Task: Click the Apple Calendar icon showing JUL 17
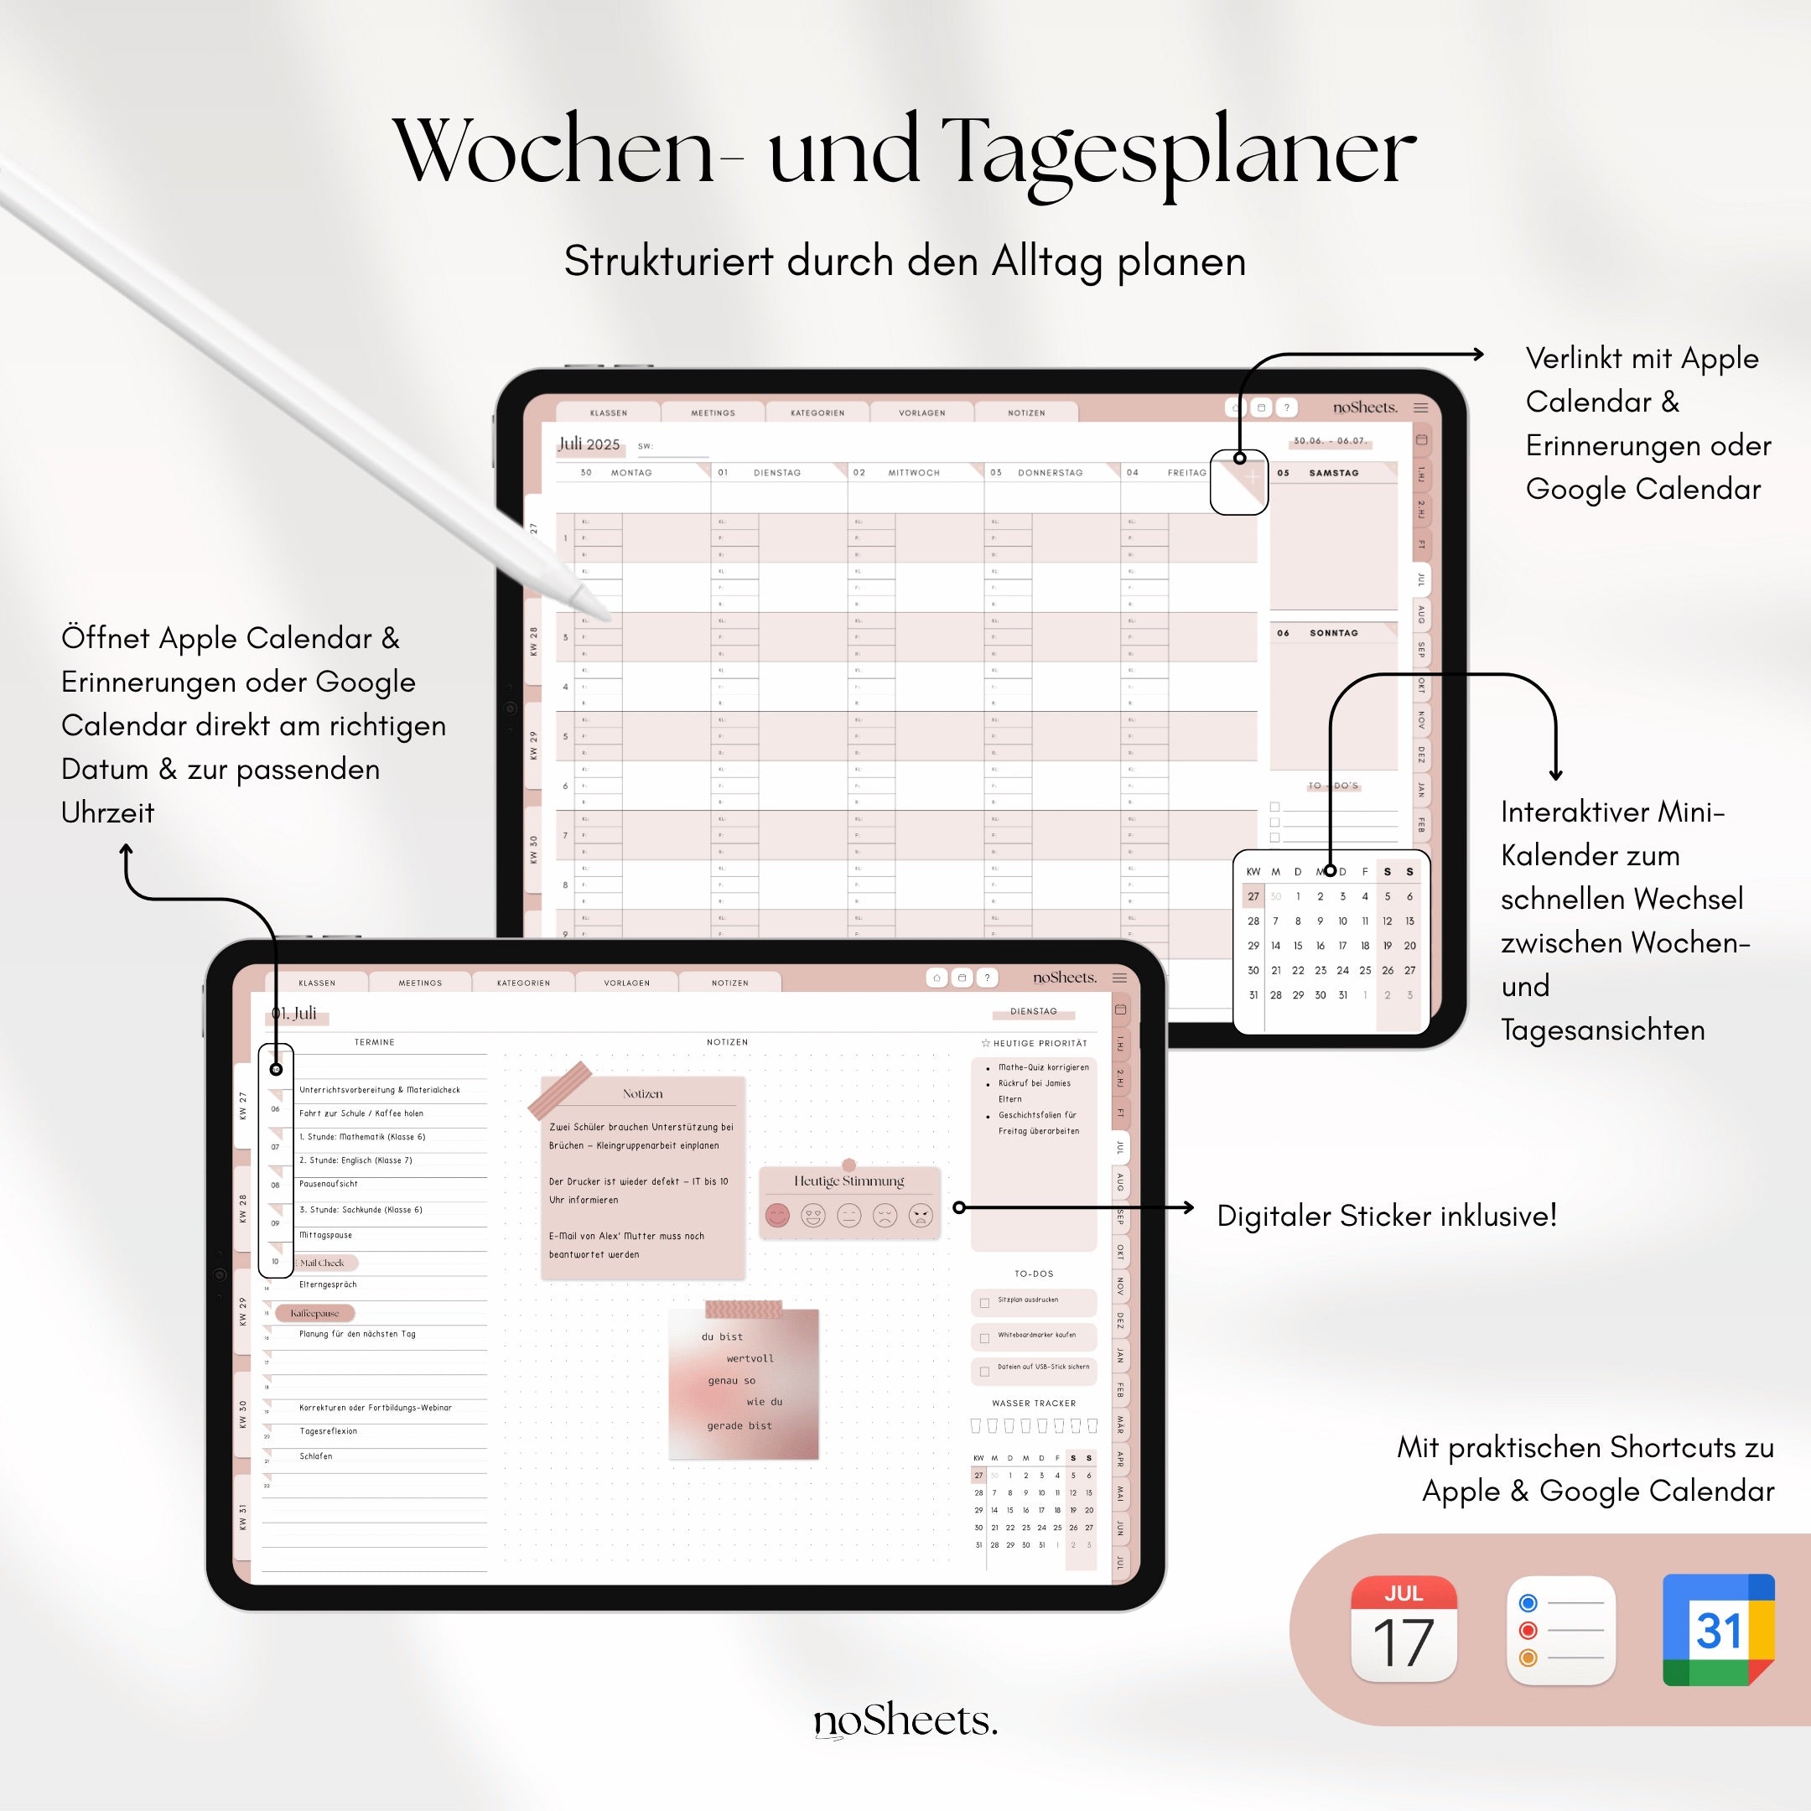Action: click(x=1404, y=1629)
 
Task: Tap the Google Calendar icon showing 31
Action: click(x=1717, y=1629)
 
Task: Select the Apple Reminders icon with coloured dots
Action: click(x=1560, y=1629)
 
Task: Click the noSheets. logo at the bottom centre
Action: click(x=905, y=1721)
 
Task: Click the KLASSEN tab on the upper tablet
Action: click(x=609, y=413)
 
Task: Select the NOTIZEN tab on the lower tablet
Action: click(x=729, y=983)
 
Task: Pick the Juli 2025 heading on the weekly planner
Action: click(x=589, y=444)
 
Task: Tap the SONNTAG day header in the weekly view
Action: click(x=1333, y=634)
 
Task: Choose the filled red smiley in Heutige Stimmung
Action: click(x=777, y=1216)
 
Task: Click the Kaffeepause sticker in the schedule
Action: click(x=315, y=1313)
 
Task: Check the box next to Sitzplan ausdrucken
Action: click(x=984, y=1303)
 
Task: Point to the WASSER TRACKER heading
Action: click(x=1033, y=1404)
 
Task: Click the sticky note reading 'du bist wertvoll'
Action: click(x=744, y=1383)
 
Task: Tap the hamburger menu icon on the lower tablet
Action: click(x=1119, y=978)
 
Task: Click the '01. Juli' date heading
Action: click(x=294, y=1014)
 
